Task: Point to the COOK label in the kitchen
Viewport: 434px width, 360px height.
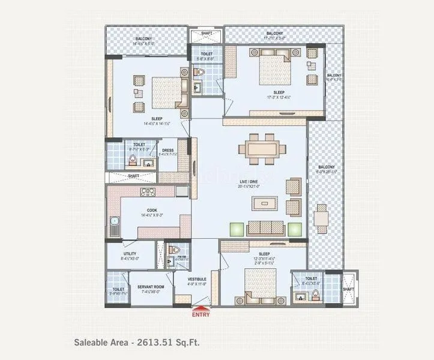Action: [152, 210]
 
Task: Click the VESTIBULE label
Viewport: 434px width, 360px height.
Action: [197, 279]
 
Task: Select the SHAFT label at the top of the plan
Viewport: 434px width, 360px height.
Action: [206, 34]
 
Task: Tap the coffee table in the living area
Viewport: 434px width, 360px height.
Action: [265, 203]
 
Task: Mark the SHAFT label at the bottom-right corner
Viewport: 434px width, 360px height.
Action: [349, 289]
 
